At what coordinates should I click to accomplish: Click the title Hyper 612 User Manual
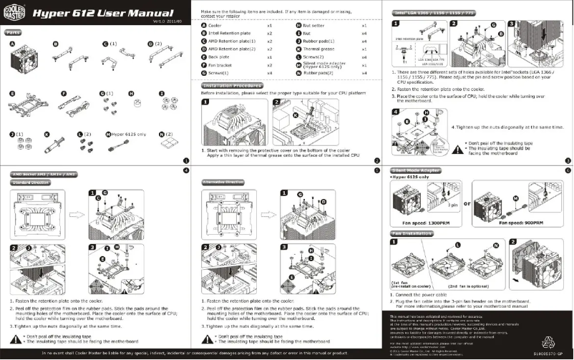[103, 14]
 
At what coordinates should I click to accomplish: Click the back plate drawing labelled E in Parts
[29, 104]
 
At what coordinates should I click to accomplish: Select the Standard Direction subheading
[29, 183]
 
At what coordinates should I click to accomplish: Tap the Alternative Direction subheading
[223, 183]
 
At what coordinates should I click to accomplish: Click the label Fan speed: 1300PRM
[427, 223]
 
